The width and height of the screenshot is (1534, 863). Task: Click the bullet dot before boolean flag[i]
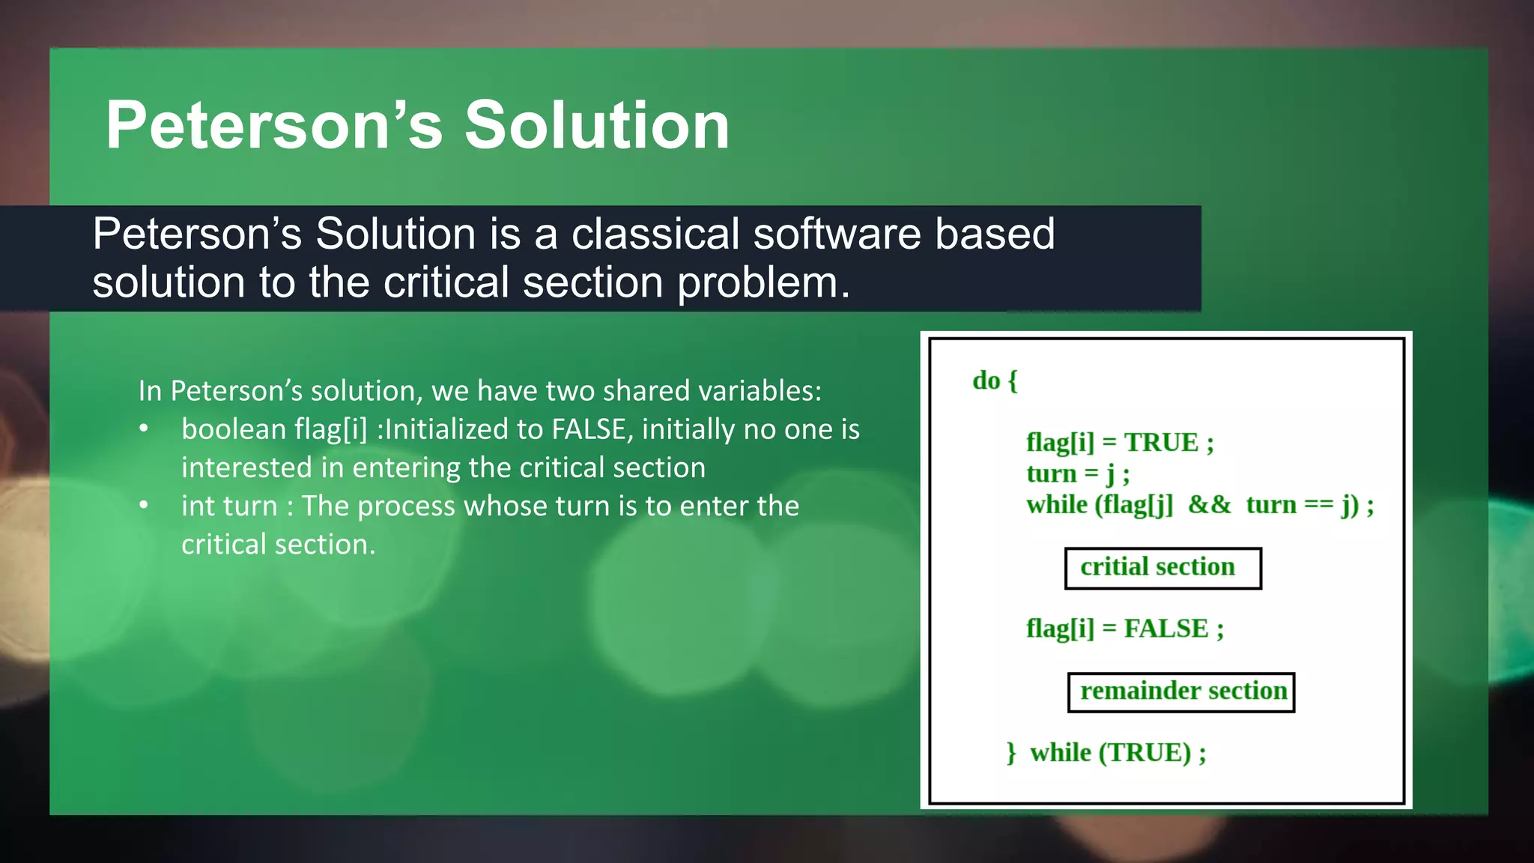click(144, 429)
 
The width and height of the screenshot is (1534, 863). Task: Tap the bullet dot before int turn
click(144, 506)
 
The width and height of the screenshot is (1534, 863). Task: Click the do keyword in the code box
click(986, 381)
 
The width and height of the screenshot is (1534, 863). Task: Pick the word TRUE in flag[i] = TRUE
click(1161, 443)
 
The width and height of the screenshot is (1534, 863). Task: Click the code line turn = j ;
click(1077, 473)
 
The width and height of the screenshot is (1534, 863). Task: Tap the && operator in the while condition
click(1209, 505)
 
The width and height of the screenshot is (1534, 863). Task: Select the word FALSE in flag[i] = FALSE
click(1165, 629)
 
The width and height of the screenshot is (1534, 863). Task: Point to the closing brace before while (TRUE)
click(1011, 752)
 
